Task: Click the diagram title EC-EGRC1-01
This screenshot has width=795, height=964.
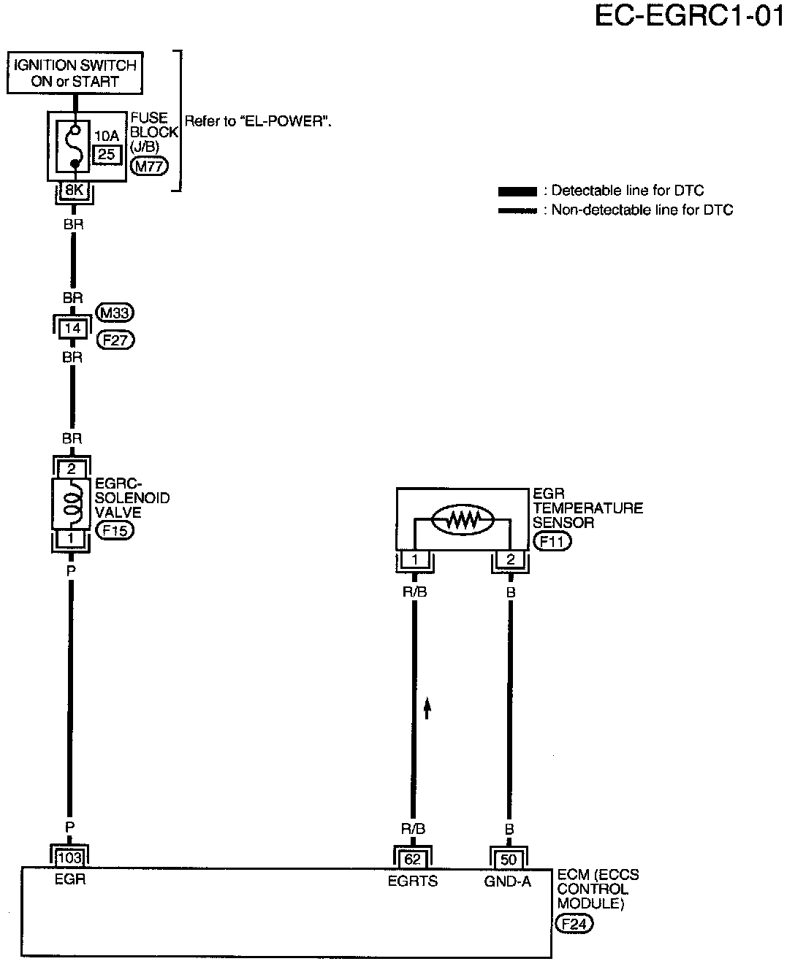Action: pos(689,17)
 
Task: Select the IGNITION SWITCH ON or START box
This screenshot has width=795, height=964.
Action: pos(75,73)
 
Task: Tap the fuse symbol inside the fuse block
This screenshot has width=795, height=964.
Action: pos(74,146)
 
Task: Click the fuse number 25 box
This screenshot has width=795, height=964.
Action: pos(107,154)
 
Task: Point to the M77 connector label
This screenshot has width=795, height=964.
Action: pos(149,166)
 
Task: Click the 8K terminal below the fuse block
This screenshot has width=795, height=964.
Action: pos(74,190)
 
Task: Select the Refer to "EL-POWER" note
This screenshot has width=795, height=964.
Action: pos(258,121)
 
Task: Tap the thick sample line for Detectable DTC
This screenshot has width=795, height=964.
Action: pos(517,191)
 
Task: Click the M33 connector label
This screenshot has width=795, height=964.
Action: pos(115,313)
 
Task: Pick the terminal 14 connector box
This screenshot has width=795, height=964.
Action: pos(72,329)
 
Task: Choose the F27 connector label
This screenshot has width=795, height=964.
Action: pos(115,340)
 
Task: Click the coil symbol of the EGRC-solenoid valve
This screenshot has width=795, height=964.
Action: pos(72,503)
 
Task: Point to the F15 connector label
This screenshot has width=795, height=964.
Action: pos(115,530)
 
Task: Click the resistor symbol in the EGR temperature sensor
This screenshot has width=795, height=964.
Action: pos(463,520)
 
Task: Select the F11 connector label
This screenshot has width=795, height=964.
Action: pos(552,541)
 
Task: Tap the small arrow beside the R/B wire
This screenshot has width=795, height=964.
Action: pos(427,708)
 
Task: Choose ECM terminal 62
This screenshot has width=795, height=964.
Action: pos(413,859)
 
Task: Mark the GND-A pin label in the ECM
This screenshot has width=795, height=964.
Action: pos(508,881)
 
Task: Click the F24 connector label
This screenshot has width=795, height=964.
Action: pos(574,924)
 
